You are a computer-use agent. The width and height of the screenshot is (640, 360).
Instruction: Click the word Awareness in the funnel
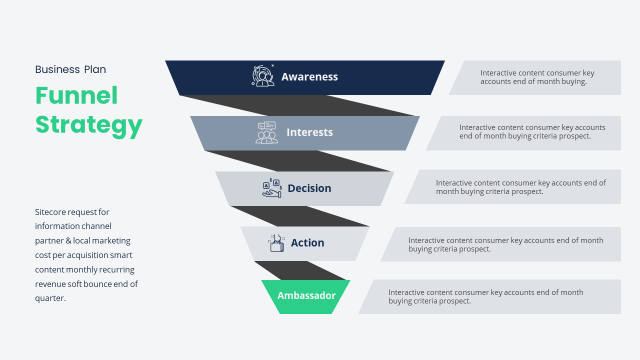309,77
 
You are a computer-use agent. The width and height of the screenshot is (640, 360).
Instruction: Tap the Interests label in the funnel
309,132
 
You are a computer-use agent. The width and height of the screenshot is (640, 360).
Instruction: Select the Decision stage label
309,188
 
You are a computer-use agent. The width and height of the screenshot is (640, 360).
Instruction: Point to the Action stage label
307,243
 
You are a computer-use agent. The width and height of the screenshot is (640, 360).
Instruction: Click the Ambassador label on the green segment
306,295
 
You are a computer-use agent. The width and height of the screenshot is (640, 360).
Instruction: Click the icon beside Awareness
263,76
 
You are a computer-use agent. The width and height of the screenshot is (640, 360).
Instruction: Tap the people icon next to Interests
266,133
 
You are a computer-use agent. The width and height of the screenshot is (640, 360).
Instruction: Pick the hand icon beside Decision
272,188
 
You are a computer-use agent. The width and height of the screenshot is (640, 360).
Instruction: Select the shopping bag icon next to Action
277,243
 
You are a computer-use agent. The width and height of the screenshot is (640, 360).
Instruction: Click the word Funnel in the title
76,95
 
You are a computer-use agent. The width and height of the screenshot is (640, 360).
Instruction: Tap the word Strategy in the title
89,124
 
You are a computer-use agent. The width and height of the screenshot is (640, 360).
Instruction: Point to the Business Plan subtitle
70,69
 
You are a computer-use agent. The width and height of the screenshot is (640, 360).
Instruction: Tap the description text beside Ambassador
485,296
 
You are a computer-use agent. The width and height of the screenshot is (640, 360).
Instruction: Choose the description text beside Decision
520,187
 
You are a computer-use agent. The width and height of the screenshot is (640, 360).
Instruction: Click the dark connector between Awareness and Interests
300,105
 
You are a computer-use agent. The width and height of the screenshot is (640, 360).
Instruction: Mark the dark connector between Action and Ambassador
300,271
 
